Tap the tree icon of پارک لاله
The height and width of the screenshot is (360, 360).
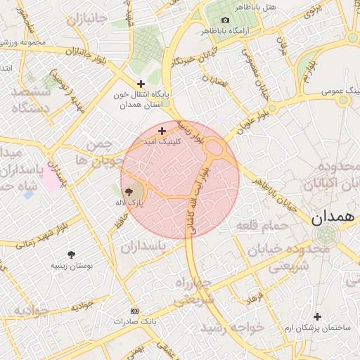point(129,191)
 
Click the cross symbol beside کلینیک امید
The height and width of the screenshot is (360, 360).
point(162,131)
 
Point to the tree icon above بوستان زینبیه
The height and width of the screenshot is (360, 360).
point(71,255)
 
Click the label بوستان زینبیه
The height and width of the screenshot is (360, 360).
point(70,266)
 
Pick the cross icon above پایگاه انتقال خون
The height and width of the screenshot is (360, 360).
point(141,84)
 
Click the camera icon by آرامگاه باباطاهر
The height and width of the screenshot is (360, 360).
point(225,20)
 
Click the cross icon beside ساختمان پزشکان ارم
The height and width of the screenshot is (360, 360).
point(317,316)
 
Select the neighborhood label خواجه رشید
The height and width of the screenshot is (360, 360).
point(231,328)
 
